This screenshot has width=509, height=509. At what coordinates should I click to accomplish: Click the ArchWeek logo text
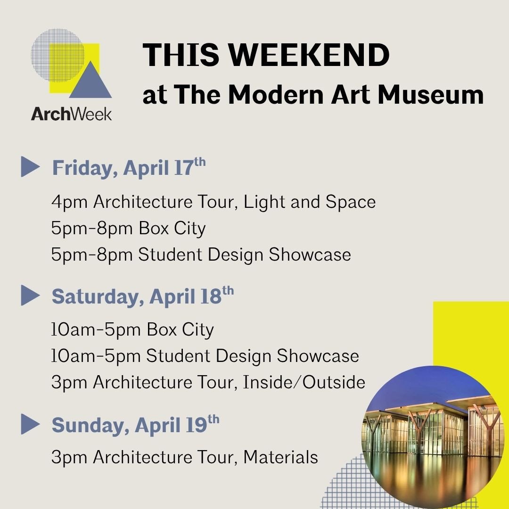pyautogui.click(x=72, y=114)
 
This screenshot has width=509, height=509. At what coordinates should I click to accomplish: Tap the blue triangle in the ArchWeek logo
pyautogui.click(x=90, y=82)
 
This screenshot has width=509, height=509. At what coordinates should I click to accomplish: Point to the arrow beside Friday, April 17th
pyautogui.click(x=30, y=168)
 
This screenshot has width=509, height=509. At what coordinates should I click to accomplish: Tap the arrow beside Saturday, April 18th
pyautogui.click(x=30, y=296)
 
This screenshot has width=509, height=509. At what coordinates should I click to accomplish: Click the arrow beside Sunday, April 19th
pyautogui.click(x=30, y=425)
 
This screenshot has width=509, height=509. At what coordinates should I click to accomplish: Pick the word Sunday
pyautogui.click(x=89, y=425)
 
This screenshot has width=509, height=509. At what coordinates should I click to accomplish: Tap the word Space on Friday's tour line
pyautogui.click(x=351, y=202)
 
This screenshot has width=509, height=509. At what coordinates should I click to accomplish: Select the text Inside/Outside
pyautogui.click(x=304, y=382)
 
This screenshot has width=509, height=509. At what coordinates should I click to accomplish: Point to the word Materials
pyautogui.click(x=280, y=457)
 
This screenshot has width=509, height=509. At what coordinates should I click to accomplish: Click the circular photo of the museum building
pyautogui.click(x=431, y=436)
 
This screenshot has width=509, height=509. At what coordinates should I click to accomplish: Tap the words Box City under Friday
pyautogui.click(x=172, y=229)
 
